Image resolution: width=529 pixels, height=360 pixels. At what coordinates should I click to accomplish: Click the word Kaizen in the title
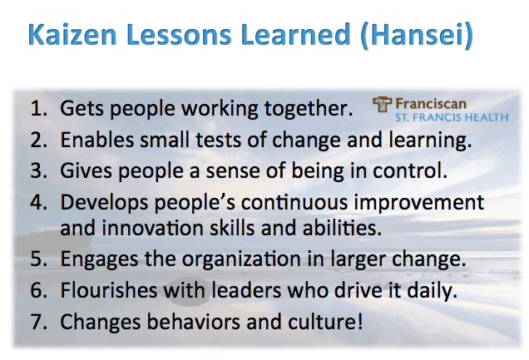(72, 34)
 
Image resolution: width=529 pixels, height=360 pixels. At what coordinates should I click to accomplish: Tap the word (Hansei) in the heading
(417, 35)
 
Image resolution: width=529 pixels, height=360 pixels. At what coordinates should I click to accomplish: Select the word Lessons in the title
(179, 34)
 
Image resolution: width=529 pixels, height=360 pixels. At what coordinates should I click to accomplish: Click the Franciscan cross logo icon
(382, 104)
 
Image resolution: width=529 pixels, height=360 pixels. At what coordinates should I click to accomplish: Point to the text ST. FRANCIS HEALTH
(452, 117)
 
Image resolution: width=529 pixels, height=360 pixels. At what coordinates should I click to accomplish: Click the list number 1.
(38, 109)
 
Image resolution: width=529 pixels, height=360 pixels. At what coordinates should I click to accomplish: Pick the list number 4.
(38, 202)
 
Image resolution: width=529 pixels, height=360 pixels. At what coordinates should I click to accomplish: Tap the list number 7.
(38, 321)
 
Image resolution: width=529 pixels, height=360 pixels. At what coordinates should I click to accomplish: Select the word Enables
(96, 140)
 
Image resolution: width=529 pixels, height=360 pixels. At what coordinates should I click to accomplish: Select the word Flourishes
(109, 290)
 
